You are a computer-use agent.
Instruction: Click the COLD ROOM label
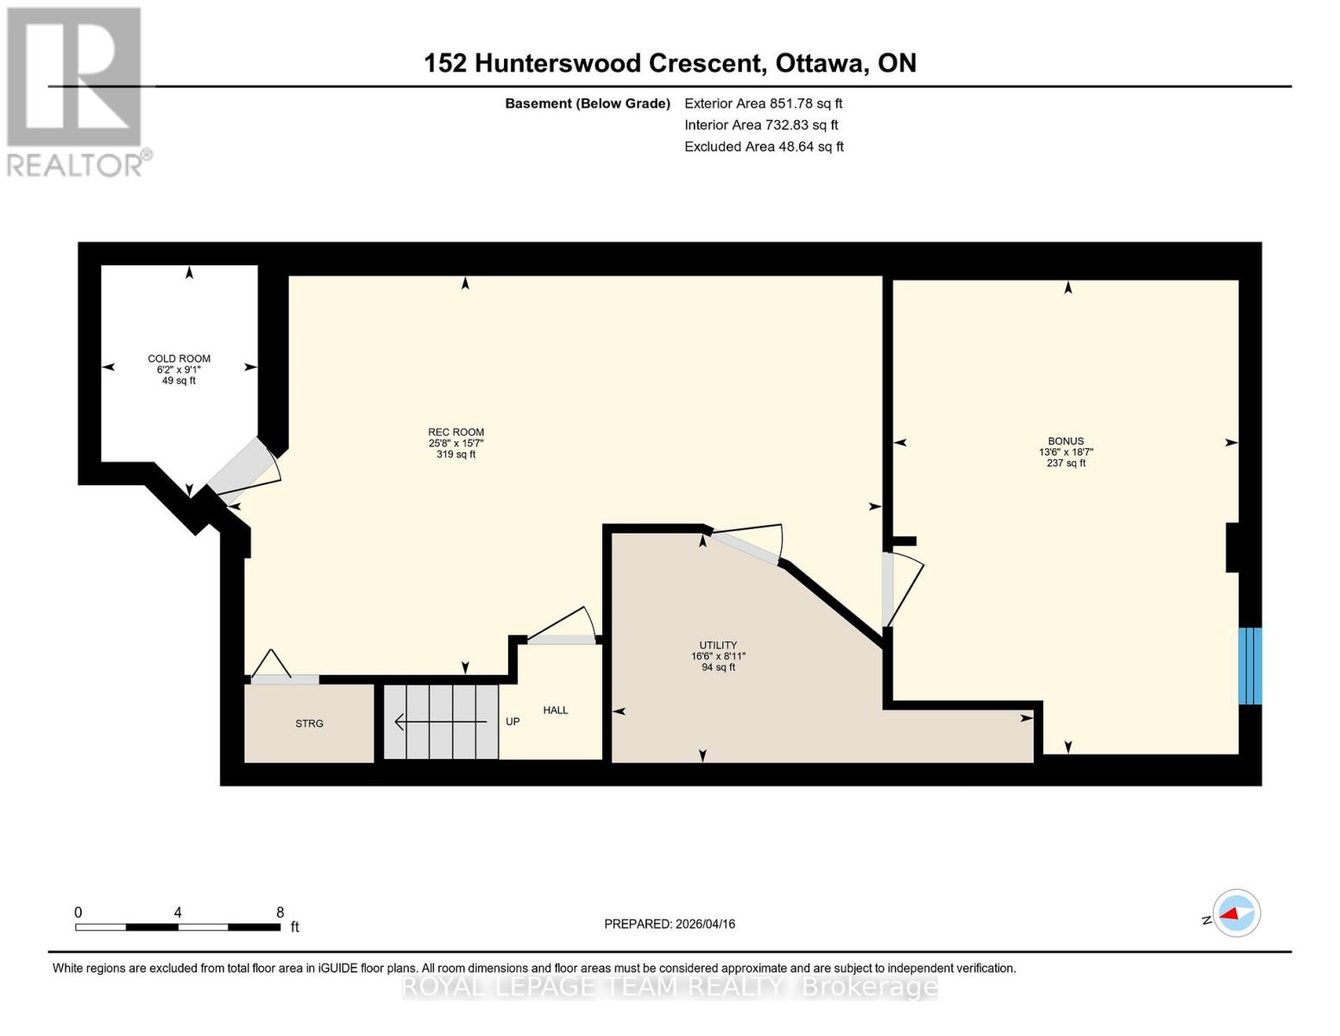pyautogui.click(x=179, y=358)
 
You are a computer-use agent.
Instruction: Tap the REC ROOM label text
pyautogui.click(x=456, y=433)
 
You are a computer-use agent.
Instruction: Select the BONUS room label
pyautogui.click(x=1066, y=441)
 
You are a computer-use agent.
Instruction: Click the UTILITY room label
pyautogui.click(x=718, y=645)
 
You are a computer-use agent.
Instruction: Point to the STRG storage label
pyautogui.click(x=309, y=723)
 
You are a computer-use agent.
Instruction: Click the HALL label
pyautogui.click(x=556, y=711)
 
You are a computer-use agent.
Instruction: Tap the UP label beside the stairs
pyautogui.click(x=513, y=722)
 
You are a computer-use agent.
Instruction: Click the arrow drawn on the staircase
pyautogui.click(x=440, y=722)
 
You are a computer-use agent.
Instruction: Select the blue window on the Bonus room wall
pyautogui.click(x=1249, y=666)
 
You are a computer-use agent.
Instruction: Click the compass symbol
pyautogui.click(x=1236, y=913)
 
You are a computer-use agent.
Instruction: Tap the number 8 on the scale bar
pyautogui.click(x=280, y=913)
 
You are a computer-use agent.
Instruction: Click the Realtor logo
pyautogui.click(x=75, y=91)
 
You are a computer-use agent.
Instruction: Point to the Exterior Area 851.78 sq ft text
pyautogui.click(x=763, y=104)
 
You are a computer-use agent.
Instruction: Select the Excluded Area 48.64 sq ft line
pyautogui.click(x=764, y=147)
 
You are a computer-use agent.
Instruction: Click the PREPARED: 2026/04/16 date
pyautogui.click(x=670, y=924)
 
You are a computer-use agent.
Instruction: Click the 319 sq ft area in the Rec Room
pyautogui.click(x=456, y=454)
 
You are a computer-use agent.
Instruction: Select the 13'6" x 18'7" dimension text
pyautogui.click(x=1066, y=452)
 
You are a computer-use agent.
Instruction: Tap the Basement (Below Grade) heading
pyautogui.click(x=588, y=104)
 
